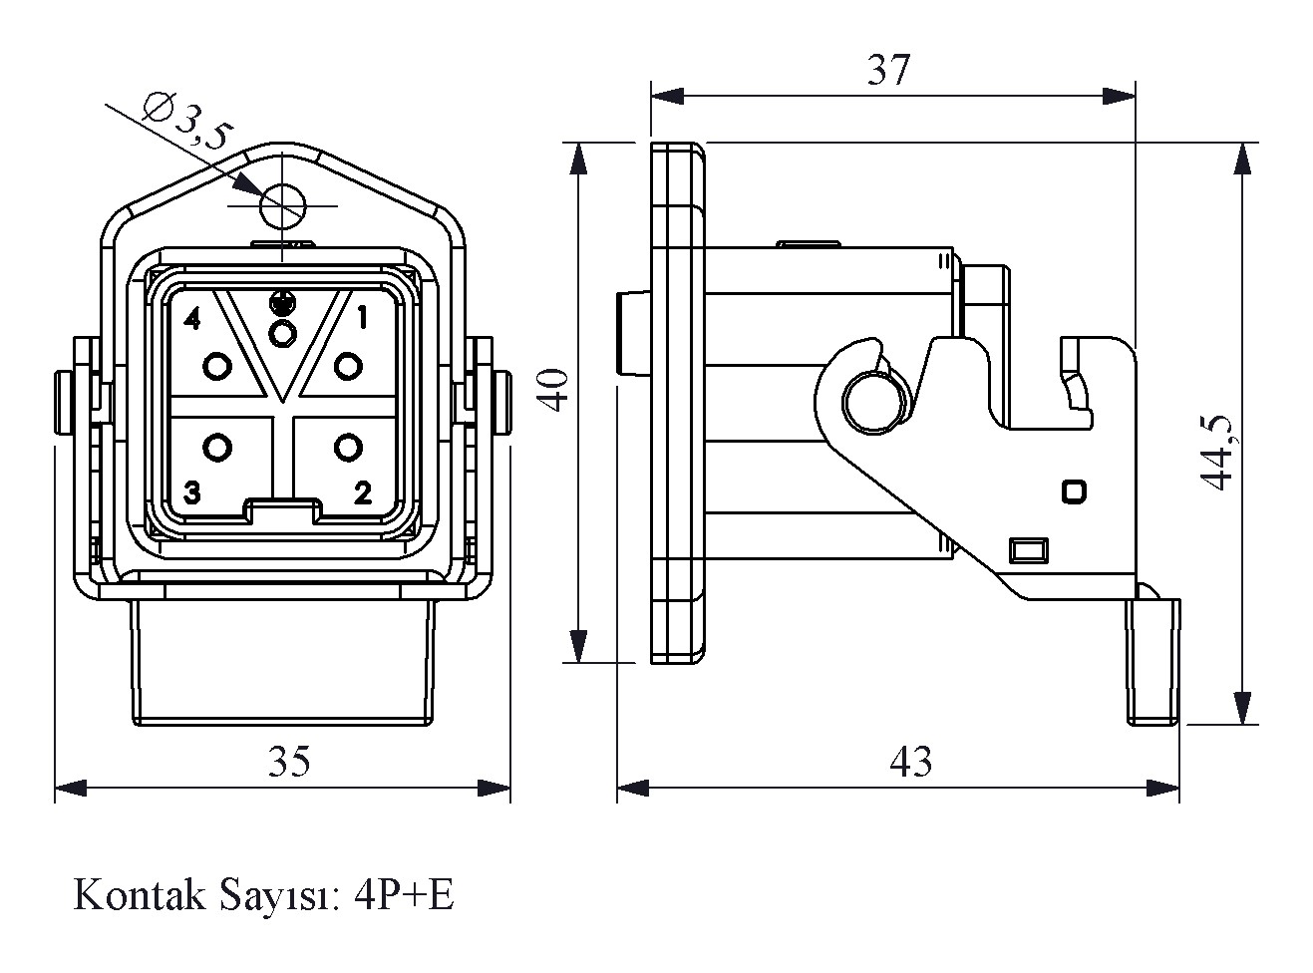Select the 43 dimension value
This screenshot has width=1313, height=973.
coord(910,762)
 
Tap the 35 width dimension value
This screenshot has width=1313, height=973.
coord(289,762)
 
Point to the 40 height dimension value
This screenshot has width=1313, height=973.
coord(555,390)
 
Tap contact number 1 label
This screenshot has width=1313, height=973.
coord(361,319)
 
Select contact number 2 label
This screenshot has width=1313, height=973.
coord(362,492)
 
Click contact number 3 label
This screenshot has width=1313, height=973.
coord(192,492)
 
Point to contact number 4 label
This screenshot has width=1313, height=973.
coord(192,320)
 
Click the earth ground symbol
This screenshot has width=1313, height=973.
coord(283,299)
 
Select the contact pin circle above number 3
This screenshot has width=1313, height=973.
coord(216,447)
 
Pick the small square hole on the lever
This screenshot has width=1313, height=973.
coord(1075,490)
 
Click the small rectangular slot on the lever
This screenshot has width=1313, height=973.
coord(1029,549)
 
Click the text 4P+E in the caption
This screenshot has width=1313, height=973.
coord(405,895)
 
